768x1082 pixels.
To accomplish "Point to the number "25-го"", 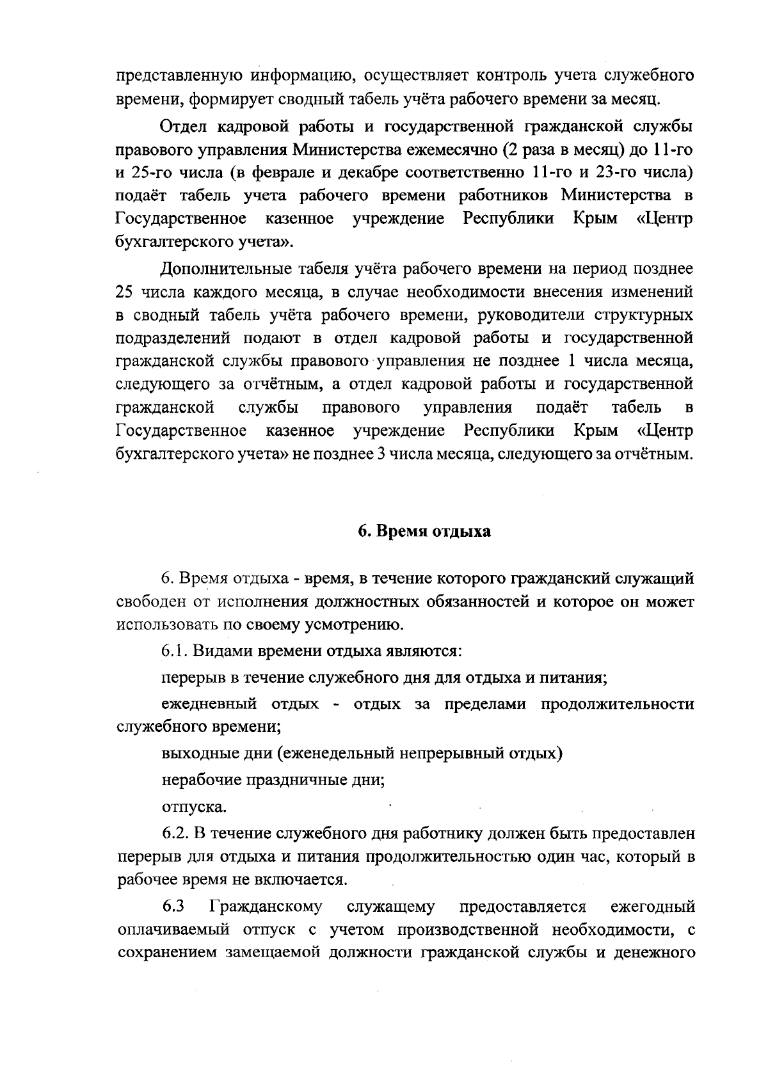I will [x=151, y=175].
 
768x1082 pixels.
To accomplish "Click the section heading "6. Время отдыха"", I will [x=424, y=532].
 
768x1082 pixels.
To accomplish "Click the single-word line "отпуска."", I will [x=193, y=807].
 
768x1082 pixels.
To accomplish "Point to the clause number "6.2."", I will [x=175, y=834].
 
